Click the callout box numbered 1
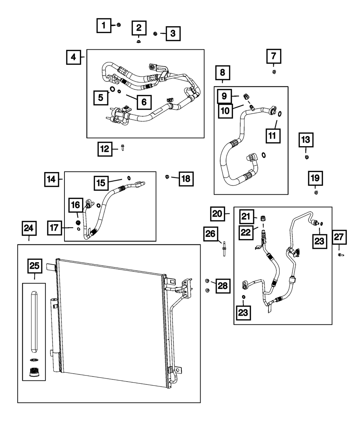click(104, 26)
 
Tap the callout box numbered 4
click(73, 57)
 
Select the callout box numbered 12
click(105, 149)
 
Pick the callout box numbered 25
click(35, 266)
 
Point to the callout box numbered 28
click(223, 286)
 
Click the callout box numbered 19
click(315, 178)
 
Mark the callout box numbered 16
click(76, 206)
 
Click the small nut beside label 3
click(155, 34)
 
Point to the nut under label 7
click(274, 72)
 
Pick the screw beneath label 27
click(340, 255)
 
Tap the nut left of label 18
click(167, 176)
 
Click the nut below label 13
click(306, 157)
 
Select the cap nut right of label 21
click(263, 218)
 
